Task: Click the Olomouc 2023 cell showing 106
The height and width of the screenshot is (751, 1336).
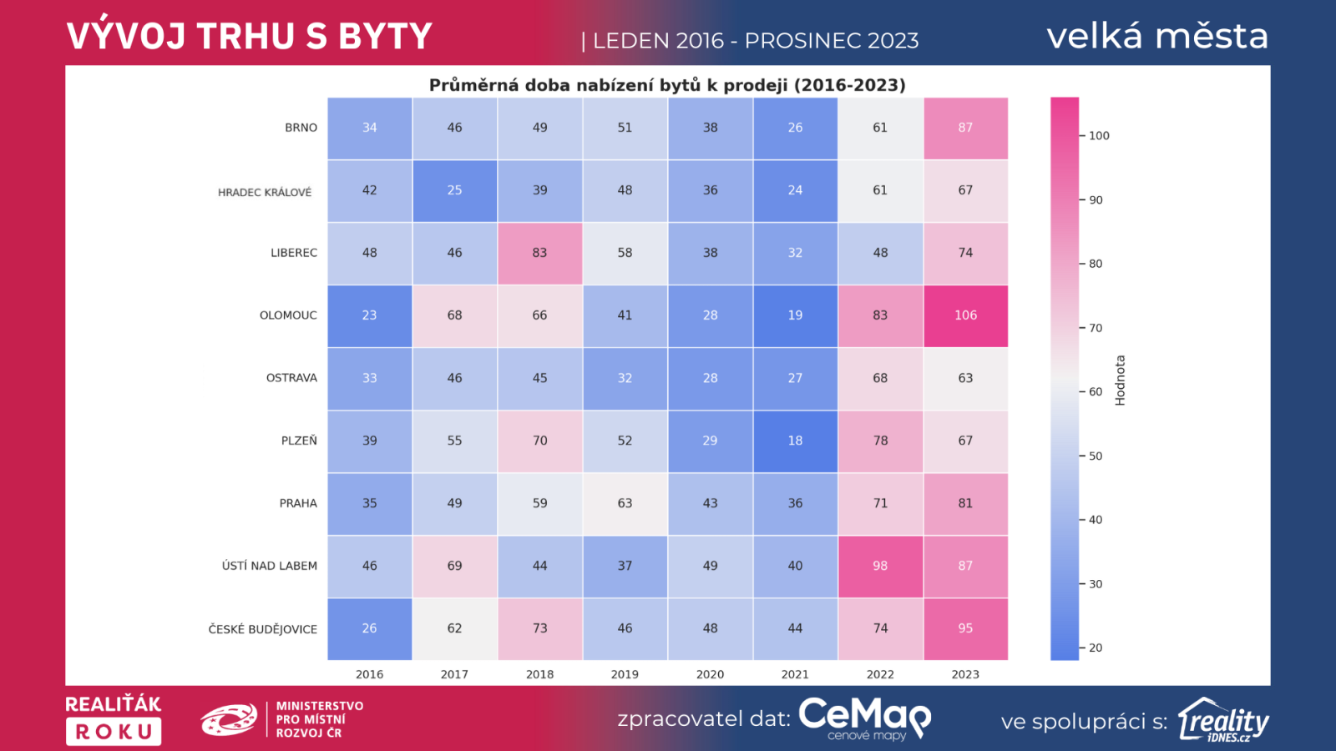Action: point(965,315)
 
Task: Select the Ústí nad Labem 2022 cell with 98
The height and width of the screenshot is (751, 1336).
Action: point(880,566)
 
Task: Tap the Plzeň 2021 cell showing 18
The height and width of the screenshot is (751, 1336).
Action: point(795,441)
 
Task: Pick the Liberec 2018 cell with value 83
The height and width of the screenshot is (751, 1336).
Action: point(539,253)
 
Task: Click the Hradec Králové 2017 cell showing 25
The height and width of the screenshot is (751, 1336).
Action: point(454,190)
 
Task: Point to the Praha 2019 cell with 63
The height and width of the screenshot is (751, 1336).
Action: point(625,503)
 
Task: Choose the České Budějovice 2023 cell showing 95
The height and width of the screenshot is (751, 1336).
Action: point(965,628)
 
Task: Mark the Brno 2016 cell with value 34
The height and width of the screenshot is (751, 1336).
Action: point(369,128)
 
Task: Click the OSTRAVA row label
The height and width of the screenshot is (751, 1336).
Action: point(291,378)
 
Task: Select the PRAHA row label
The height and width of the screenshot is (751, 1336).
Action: point(298,503)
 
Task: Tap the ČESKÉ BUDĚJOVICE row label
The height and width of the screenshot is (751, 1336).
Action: point(262,629)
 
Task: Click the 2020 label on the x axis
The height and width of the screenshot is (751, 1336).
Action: point(710,674)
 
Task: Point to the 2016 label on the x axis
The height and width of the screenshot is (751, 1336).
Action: point(369,674)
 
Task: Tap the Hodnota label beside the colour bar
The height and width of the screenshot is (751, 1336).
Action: point(1121,381)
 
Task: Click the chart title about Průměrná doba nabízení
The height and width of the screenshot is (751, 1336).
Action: point(667,85)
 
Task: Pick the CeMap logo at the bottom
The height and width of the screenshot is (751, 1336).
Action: point(864,718)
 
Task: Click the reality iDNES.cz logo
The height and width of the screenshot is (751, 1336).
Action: point(1223,720)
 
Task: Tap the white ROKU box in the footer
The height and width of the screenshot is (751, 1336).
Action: point(114,732)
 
